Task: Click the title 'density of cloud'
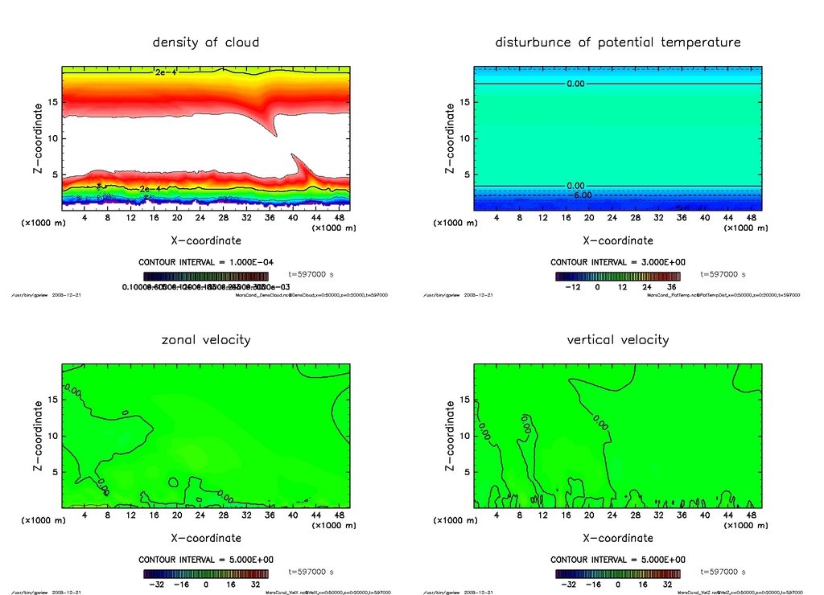click(206, 42)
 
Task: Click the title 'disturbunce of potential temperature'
click(618, 42)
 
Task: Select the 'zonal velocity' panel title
click(206, 339)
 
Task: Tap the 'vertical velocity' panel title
click(618, 339)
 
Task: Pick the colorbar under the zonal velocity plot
click(206, 574)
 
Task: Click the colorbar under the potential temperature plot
click(618, 277)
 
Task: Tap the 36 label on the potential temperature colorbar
click(669, 286)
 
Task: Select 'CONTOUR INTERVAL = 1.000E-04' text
click(206, 262)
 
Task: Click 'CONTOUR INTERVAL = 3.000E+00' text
click(618, 262)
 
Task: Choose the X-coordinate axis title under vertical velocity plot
click(618, 538)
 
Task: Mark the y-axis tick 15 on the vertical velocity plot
click(464, 400)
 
